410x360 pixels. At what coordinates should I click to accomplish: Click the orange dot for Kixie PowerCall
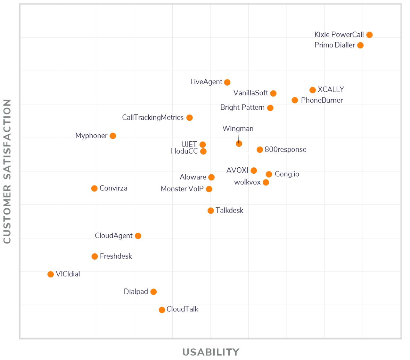[369, 35]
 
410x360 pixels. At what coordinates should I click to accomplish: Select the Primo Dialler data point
[360, 46]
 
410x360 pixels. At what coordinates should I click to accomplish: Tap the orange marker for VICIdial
[51, 274]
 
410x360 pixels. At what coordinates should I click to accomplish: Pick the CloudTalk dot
[162, 310]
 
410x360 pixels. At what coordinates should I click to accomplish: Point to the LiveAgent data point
[227, 82]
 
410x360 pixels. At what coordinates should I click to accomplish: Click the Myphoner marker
[113, 136]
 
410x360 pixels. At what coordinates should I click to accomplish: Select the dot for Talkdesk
[210, 211]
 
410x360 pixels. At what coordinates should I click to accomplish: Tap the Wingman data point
[239, 144]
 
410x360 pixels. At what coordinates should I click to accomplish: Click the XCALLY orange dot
[313, 90]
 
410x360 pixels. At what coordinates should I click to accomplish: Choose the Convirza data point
[94, 188]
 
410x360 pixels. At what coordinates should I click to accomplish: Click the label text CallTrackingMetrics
[153, 118]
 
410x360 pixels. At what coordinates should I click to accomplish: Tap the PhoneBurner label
[322, 100]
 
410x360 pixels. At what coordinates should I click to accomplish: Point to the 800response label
[285, 150]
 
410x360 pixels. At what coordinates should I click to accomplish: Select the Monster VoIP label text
[182, 189]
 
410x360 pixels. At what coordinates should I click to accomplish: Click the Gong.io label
[287, 174]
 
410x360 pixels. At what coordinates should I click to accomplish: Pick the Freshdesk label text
[116, 256]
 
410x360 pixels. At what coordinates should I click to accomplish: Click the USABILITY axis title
[211, 352]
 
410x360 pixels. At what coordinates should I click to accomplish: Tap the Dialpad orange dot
[153, 292]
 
